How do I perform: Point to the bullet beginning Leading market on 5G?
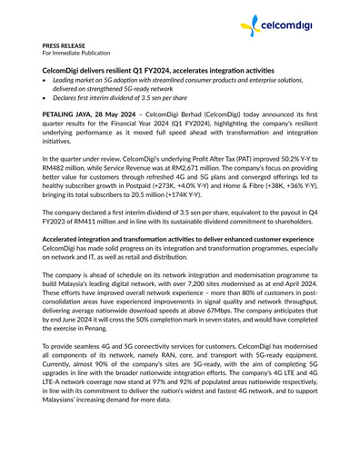182,81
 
